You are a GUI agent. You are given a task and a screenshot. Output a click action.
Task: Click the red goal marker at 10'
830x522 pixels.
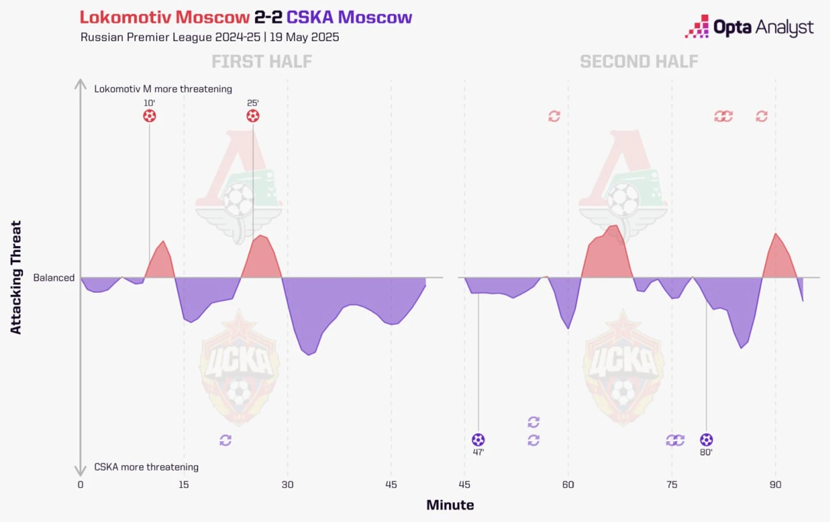pyautogui.click(x=150, y=116)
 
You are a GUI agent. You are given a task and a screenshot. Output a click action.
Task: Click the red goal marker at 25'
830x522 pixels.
pyautogui.click(x=253, y=116)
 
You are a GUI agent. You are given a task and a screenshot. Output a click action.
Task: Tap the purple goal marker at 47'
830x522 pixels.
pyautogui.click(x=478, y=440)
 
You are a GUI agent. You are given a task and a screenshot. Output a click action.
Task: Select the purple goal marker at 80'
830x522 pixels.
pyautogui.click(x=706, y=440)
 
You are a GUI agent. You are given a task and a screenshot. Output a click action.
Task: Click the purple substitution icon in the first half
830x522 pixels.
pyautogui.click(x=226, y=440)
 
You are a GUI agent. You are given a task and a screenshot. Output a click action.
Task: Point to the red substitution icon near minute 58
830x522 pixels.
pyautogui.click(x=554, y=116)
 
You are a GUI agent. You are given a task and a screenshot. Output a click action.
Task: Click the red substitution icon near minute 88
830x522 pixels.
pyautogui.click(x=762, y=116)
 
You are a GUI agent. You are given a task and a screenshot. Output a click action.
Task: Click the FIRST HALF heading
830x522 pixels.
pyautogui.click(x=262, y=61)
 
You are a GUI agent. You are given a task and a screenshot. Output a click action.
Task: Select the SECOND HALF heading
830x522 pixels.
pyautogui.click(x=639, y=61)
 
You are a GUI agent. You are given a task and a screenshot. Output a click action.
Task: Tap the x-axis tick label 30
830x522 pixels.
pyautogui.click(x=288, y=484)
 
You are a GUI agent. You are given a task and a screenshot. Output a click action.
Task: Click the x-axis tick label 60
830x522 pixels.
pyautogui.click(x=568, y=484)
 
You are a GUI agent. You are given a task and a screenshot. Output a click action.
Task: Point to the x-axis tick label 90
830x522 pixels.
pyautogui.click(x=775, y=484)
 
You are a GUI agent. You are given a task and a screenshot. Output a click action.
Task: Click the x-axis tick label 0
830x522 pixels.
pyautogui.click(x=81, y=484)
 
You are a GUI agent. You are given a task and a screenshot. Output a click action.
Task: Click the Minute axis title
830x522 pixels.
pyautogui.click(x=450, y=505)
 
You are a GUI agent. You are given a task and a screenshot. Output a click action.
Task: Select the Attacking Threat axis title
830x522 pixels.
pyautogui.click(x=16, y=277)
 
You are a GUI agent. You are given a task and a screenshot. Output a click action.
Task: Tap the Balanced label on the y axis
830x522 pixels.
pyautogui.click(x=54, y=277)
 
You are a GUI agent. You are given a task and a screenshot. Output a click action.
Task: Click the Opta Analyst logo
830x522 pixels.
pyautogui.click(x=749, y=27)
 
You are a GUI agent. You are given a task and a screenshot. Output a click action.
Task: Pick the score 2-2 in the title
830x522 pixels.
pyautogui.click(x=268, y=17)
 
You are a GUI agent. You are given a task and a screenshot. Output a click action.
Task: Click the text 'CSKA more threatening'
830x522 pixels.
pyautogui.click(x=147, y=467)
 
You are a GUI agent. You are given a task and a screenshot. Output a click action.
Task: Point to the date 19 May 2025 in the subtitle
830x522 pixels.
pyautogui.click(x=305, y=37)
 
